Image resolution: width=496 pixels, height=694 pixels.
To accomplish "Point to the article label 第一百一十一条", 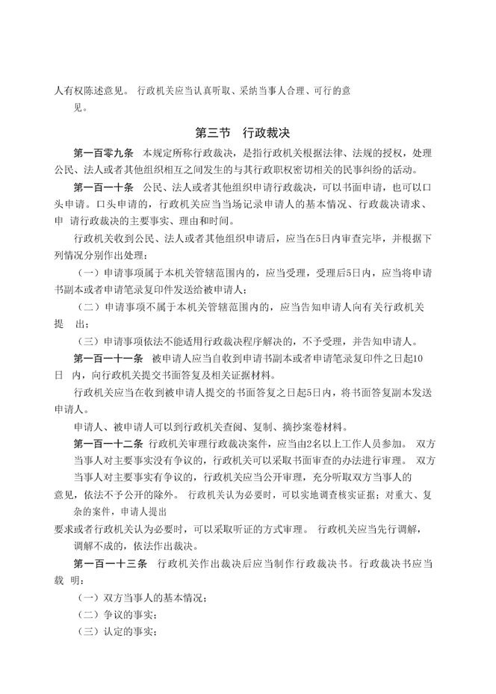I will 105,359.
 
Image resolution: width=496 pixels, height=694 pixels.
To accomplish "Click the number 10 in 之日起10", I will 419,359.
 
